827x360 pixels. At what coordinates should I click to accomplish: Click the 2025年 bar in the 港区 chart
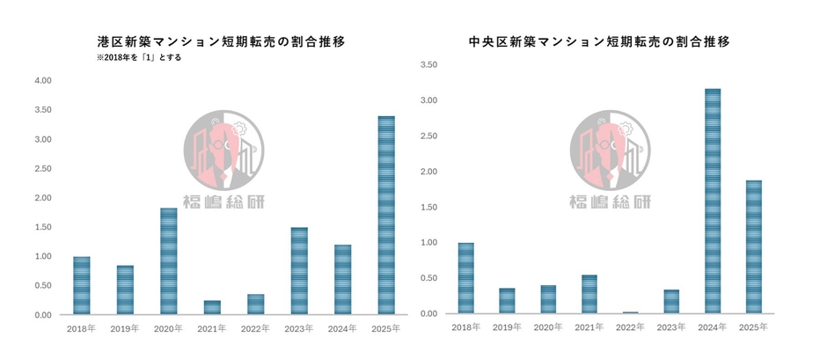click(x=386, y=216)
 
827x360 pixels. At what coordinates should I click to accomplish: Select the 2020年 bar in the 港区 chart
click(x=169, y=261)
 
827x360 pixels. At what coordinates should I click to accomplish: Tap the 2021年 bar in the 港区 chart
click(x=212, y=308)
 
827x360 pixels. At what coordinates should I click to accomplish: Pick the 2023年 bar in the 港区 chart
click(x=299, y=271)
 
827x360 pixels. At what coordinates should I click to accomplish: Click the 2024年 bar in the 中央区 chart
click(x=713, y=202)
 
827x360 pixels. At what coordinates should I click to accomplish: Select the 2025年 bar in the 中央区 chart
click(x=754, y=247)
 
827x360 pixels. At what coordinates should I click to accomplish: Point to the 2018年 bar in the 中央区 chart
click(x=465, y=278)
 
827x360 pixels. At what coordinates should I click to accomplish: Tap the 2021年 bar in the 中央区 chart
click(x=589, y=295)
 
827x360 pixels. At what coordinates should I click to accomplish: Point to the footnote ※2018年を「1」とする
click(x=139, y=58)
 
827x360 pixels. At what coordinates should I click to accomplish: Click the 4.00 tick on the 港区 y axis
click(x=42, y=81)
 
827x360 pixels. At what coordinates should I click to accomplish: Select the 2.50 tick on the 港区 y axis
click(x=42, y=169)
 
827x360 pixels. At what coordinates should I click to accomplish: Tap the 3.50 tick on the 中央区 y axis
click(x=429, y=65)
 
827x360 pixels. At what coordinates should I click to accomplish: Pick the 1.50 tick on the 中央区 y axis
click(x=429, y=208)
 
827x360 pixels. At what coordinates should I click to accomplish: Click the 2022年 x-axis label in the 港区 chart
click(x=256, y=329)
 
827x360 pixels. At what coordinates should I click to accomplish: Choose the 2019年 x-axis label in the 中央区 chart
click(x=507, y=327)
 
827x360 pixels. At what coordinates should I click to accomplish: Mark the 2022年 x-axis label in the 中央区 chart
click(x=631, y=327)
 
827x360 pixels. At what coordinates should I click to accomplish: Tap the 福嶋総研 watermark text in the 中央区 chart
click(x=610, y=202)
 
